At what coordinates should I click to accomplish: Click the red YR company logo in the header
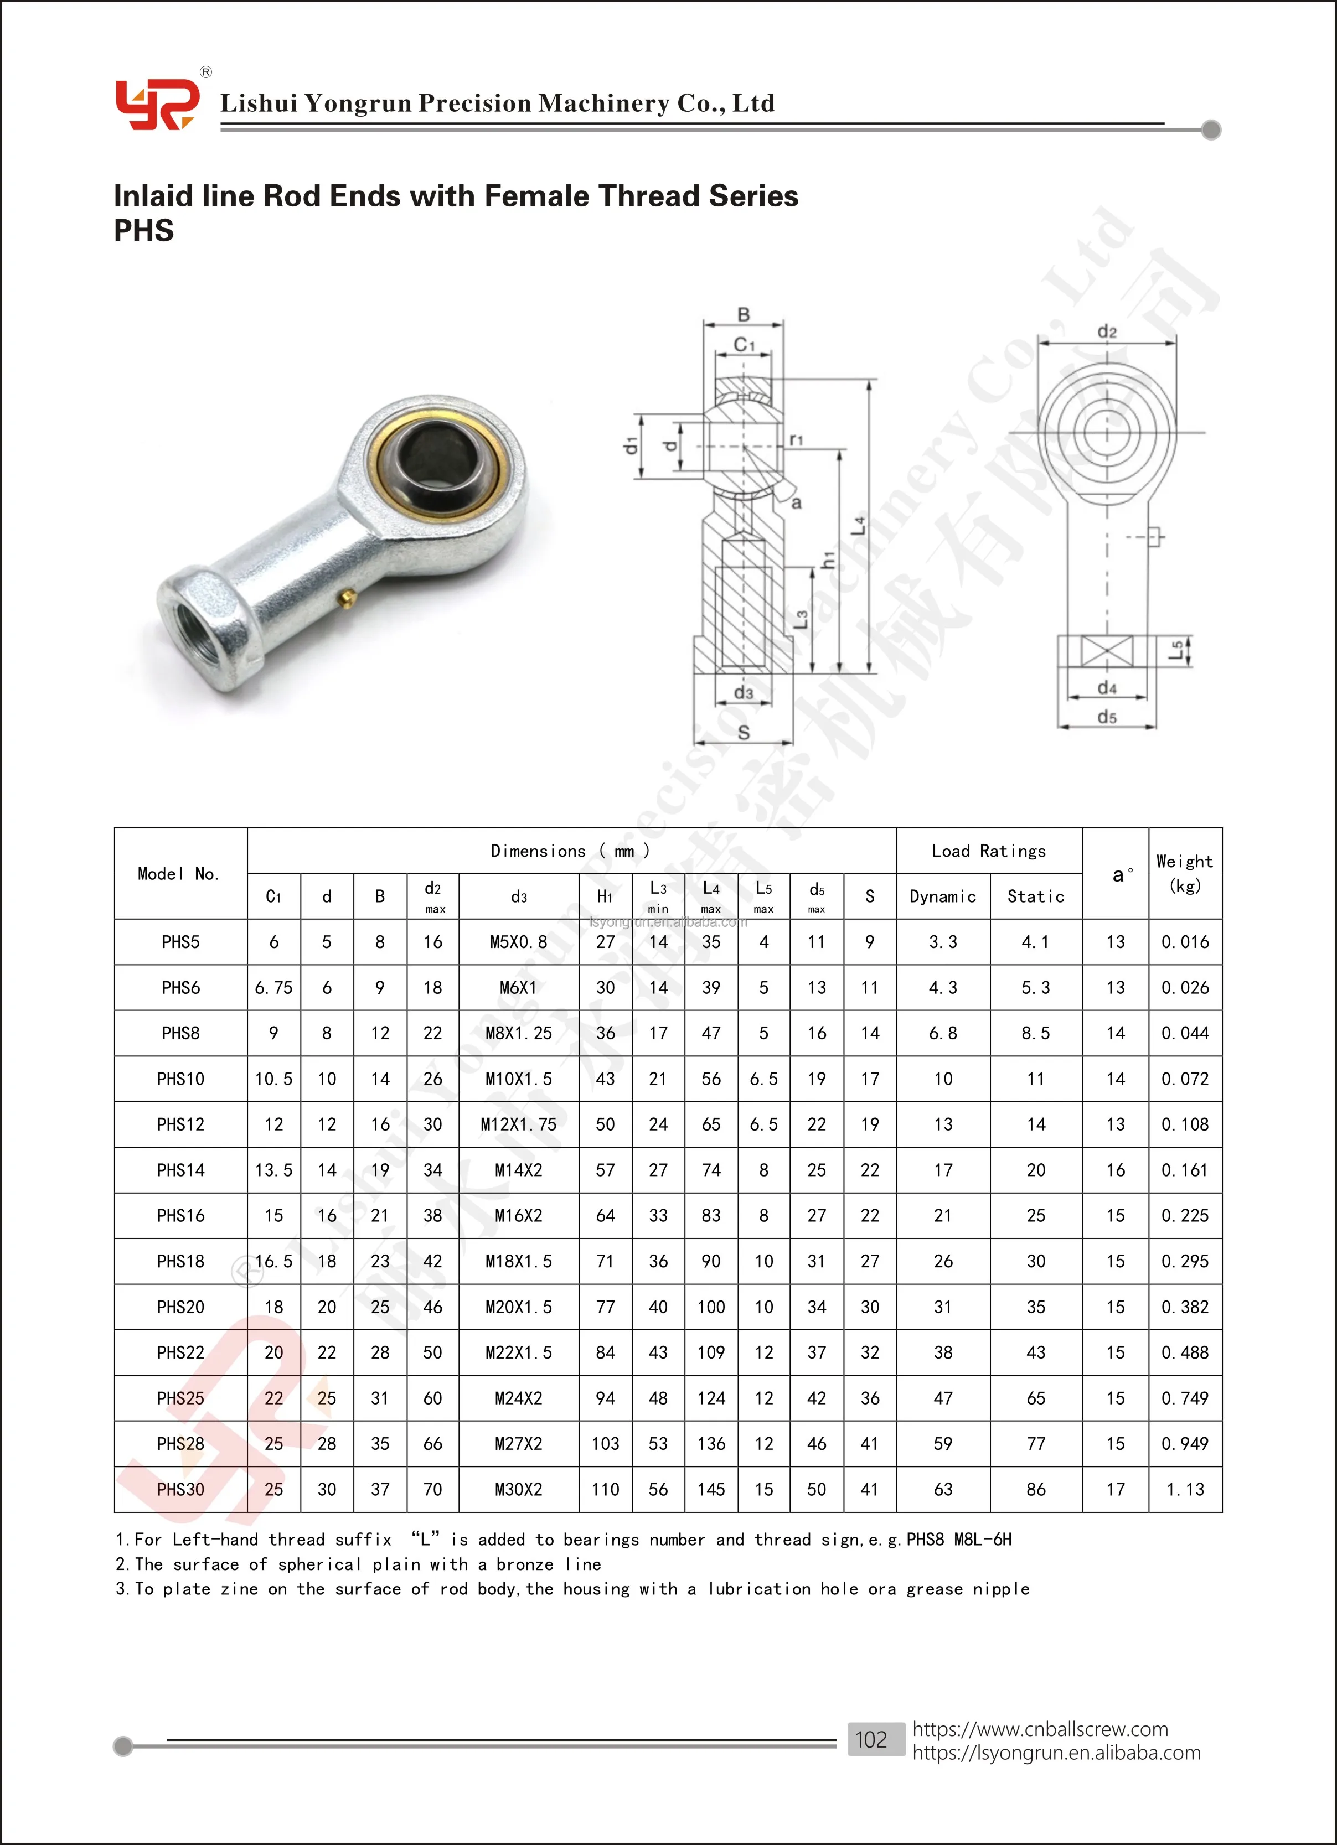click(156, 104)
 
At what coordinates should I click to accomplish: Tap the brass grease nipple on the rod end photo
click(347, 599)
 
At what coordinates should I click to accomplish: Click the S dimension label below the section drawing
click(743, 733)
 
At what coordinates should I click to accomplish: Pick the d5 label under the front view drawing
click(1107, 717)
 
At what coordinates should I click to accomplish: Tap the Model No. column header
click(179, 874)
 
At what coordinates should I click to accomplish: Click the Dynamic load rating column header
click(942, 896)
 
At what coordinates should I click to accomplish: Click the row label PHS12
click(180, 1124)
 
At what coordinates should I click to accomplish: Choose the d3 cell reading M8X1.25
click(518, 1033)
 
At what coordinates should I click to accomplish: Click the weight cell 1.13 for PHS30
click(1184, 1490)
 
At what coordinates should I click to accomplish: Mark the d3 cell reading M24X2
click(518, 1398)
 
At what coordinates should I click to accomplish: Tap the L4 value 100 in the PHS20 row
click(710, 1307)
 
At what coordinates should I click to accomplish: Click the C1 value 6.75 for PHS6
click(273, 988)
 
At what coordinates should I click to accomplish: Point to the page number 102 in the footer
click(871, 1739)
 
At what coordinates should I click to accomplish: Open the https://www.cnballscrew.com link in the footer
click(1039, 1729)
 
